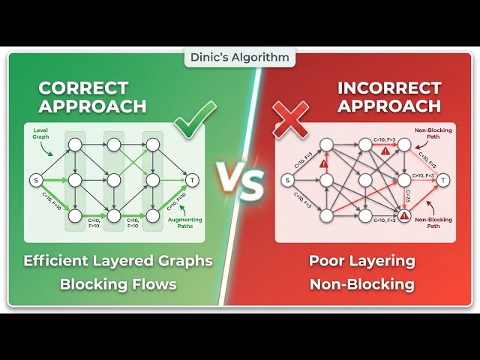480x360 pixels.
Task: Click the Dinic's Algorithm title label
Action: click(x=239, y=57)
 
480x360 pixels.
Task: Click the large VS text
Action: click(x=240, y=181)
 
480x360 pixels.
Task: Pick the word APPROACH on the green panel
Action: click(x=92, y=106)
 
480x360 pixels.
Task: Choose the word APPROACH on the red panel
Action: click(x=388, y=106)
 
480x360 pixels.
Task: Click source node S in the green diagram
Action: click(x=34, y=180)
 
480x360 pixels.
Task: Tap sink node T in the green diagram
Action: click(x=192, y=180)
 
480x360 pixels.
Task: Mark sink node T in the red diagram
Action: click(x=443, y=180)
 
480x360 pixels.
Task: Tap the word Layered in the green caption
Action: click(x=130, y=261)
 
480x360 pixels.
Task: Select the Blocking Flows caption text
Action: click(x=119, y=284)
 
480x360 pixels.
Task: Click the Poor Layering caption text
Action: click(x=362, y=261)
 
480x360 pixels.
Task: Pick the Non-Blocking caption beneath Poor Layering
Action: click(x=362, y=284)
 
